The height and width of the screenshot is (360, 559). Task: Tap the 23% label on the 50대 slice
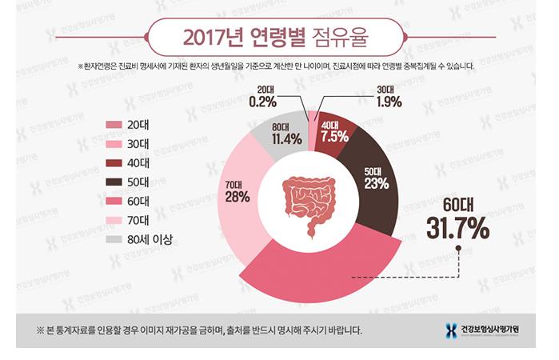[376, 183]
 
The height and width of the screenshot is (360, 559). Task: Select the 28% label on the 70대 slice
[237, 197]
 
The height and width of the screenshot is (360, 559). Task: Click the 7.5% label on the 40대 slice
[334, 137]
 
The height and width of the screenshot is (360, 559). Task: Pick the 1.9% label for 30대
[388, 102]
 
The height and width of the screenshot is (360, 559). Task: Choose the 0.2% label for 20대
[262, 102]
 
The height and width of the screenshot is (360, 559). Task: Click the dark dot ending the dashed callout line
[459, 248]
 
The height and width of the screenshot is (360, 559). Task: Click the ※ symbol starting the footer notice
[40, 330]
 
